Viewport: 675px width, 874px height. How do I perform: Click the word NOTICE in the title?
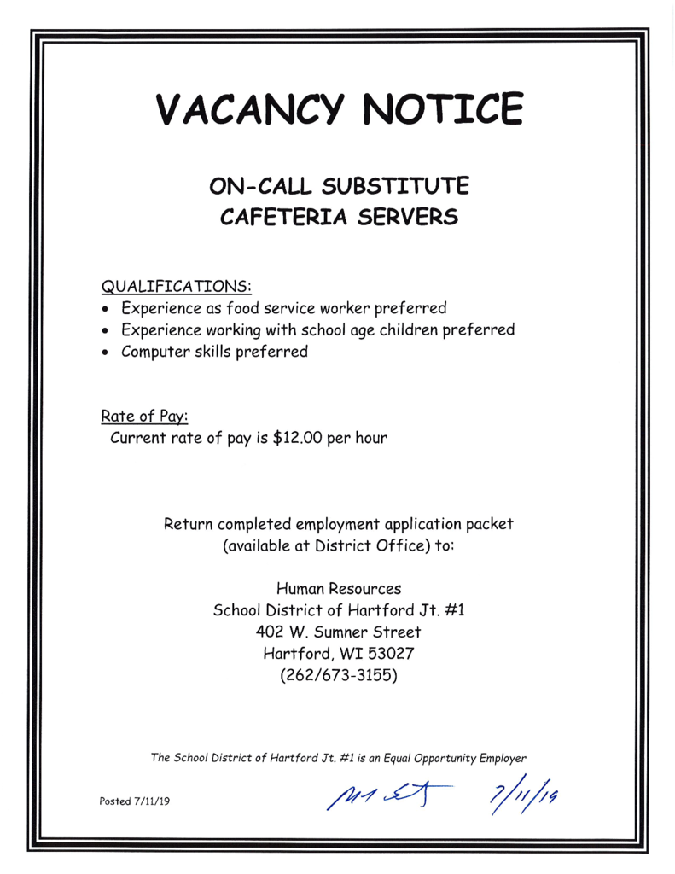(x=441, y=109)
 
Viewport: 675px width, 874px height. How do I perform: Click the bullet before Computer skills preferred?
(x=106, y=353)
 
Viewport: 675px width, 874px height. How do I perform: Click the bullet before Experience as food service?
(x=106, y=308)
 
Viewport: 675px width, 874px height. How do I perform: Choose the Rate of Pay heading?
(x=144, y=416)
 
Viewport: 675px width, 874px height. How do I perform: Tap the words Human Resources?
(x=339, y=588)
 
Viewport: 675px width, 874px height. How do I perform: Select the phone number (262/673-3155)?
(x=339, y=677)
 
